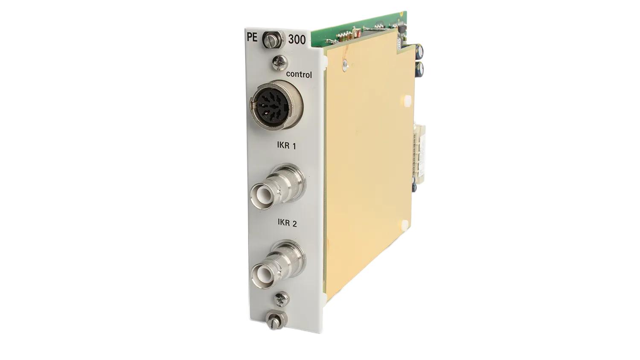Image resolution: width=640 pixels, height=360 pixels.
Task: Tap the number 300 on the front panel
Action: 297,39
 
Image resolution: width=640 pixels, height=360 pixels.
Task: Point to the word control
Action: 299,74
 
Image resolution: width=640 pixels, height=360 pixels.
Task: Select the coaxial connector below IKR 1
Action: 277,187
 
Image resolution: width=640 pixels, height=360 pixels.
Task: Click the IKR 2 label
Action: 287,223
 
